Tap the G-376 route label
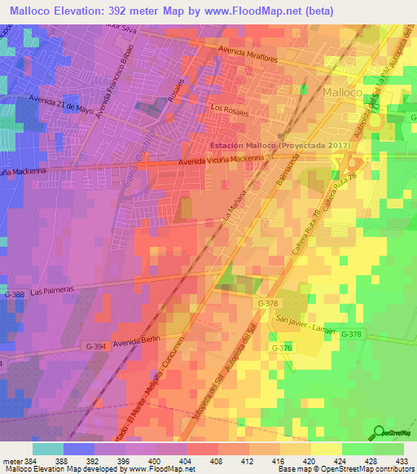click(282, 348)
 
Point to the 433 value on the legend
click(400, 462)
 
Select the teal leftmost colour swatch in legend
click(48, 449)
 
